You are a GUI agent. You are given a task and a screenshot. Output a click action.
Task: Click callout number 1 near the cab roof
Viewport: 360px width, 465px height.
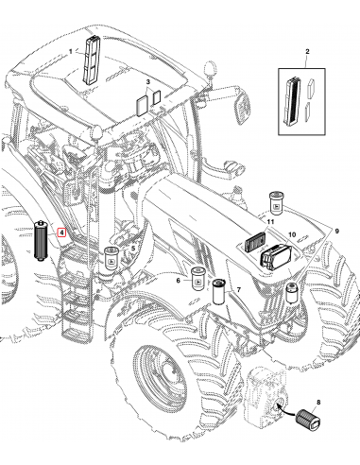(x=71, y=51)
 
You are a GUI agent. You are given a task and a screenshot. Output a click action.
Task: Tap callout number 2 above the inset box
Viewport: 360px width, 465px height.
(x=307, y=51)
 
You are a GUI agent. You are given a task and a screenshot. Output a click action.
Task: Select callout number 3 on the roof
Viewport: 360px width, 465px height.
(x=148, y=82)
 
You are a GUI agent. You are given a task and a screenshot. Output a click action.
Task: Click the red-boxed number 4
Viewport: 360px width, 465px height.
(x=62, y=232)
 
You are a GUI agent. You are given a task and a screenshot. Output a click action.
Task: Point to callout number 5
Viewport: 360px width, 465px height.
(x=133, y=249)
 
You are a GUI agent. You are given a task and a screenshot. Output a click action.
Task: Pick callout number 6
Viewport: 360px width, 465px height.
(x=178, y=280)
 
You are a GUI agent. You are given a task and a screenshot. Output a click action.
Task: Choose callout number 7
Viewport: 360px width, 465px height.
(x=239, y=289)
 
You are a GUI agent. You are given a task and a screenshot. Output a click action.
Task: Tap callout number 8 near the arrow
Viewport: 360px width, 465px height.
(x=318, y=402)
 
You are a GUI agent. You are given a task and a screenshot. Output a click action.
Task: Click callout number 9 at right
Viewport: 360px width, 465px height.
(x=337, y=232)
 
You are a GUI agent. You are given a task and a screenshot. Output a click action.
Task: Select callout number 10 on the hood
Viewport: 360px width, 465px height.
(x=292, y=234)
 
